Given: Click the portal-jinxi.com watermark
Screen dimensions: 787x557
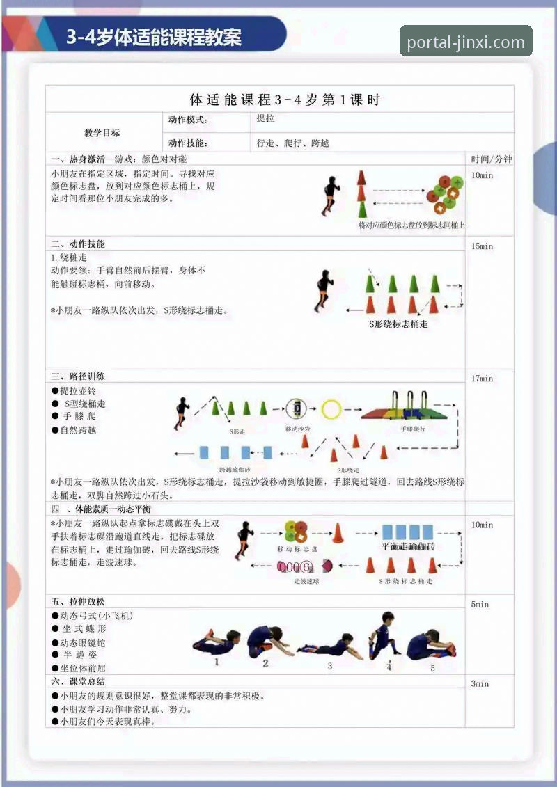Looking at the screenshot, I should [466, 42].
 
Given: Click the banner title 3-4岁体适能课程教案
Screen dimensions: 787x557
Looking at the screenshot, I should [154, 37].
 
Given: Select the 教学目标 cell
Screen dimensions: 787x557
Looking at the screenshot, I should [102, 133].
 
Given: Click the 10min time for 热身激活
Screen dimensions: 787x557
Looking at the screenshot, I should [482, 175].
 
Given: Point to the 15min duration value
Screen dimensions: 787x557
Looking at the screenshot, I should [482, 246].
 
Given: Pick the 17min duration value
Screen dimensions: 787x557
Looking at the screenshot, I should [482, 379].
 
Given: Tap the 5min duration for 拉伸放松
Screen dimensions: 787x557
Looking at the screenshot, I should [480, 604].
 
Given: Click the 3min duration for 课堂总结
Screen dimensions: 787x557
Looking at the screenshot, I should [480, 684].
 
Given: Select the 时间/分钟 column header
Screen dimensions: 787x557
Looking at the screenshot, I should [491, 159].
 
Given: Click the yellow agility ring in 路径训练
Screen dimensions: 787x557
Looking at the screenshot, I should [331, 408].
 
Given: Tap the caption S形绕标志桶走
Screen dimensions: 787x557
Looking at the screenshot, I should [398, 324].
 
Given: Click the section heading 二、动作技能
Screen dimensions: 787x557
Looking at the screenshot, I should [78, 244].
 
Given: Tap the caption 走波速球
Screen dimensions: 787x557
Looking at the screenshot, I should [306, 581].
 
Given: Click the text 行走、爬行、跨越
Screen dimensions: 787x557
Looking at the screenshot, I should [292, 143].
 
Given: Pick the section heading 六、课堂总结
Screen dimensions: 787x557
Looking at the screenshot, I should [78, 681].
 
